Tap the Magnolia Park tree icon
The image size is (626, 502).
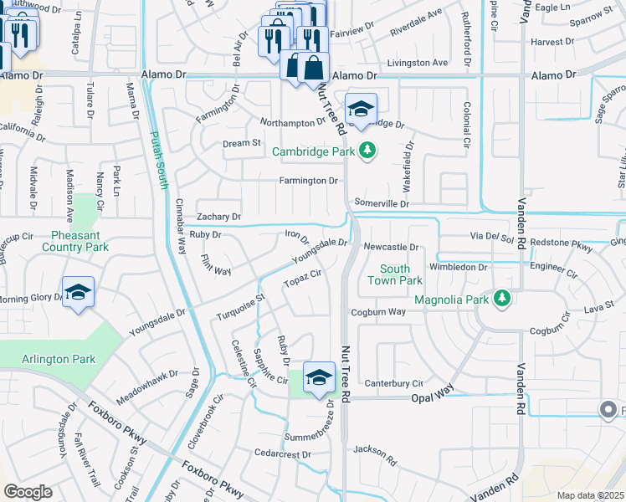pos(501,298)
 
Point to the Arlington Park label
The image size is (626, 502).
pos(59,360)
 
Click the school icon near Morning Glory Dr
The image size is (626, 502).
pos(78,293)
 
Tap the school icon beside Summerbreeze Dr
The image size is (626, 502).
pos(319,378)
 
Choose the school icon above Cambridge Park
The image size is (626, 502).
pos(361,109)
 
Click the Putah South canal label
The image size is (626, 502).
pos(156,158)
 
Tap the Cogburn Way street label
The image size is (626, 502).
pos(378,312)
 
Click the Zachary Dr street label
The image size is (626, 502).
pos(218,217)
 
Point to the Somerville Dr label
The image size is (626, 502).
pos(381,203)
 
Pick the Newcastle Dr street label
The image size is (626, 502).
pos(390,247)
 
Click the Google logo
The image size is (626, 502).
pos(28,492)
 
